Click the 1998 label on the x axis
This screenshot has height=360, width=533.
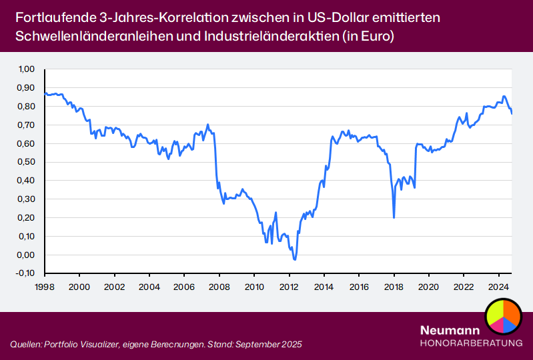[x=45, y=284]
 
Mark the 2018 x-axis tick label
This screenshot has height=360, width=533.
[x=394, y=284]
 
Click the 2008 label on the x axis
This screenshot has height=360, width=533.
[x=219, y=284]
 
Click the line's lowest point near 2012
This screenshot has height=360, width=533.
[x=294, y=259]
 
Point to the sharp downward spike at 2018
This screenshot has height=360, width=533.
[x=394, y=217]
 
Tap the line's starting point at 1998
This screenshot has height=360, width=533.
[x=45, y=93]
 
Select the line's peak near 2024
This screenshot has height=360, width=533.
[x=504, y=97]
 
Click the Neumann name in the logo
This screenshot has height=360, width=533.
[x=447, y=331]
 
